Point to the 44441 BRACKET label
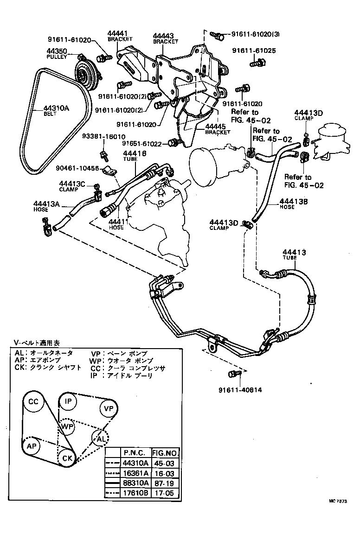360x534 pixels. click(117, 36)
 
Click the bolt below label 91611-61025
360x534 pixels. click(258, 62)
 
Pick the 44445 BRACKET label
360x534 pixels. click(218, 129)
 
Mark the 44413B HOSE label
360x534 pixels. click(294, 204)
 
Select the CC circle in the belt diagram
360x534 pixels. click(33, 401)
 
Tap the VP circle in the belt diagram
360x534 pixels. click(108, 408)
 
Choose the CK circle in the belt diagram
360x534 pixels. click(67, 458)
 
